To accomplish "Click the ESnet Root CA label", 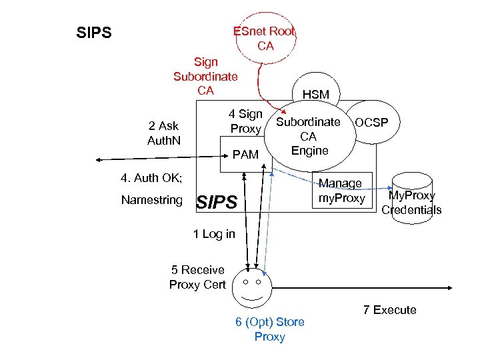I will [265, 39].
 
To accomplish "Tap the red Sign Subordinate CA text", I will [205, 76].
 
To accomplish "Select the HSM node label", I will [315, 95].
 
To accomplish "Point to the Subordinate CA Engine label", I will [309, 137].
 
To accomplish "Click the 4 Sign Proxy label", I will [245, 121].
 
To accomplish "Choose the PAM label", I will [245, 155].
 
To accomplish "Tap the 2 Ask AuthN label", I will [163, 133].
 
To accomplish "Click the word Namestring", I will [152, 200].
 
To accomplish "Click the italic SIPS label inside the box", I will [217, 202].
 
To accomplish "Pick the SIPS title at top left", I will [94, 33].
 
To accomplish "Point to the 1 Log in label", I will [213, 234].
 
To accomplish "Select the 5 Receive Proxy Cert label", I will [197, 277].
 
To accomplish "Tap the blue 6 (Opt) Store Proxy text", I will [269, 329].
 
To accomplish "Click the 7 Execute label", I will [389, 310].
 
